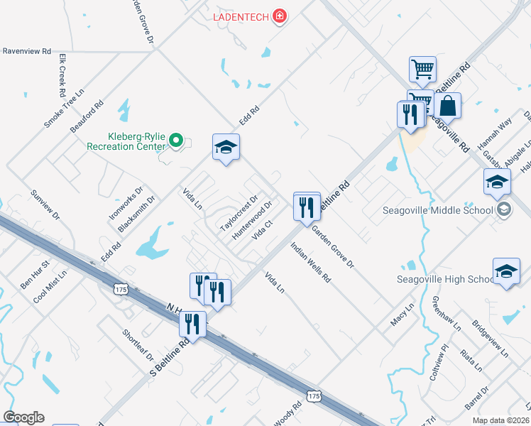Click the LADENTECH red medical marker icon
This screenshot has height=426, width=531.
280,16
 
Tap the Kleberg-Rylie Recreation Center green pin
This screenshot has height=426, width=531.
177,142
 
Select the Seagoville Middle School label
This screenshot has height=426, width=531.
437,210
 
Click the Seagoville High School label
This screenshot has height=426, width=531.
445,279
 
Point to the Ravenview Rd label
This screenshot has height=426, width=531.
27,51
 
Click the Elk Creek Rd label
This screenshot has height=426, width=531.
62,77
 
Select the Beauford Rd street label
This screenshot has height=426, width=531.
87,116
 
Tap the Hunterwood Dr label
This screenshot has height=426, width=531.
252,220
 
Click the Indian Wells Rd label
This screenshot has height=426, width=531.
311,263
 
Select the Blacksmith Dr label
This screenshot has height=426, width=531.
137,214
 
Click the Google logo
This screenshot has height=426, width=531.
23,417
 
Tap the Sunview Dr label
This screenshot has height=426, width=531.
45,204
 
